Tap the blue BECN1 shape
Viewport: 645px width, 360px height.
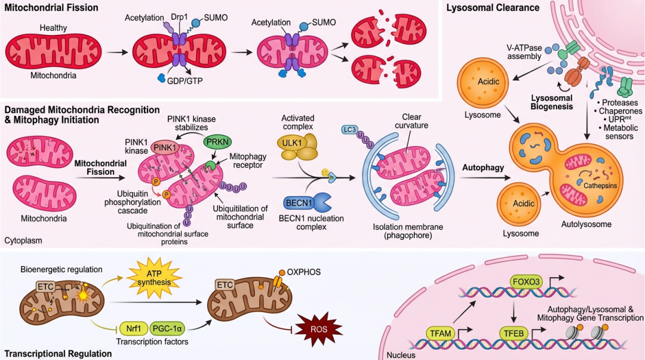click(302, 203)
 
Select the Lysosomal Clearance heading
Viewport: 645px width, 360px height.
click(493, 8)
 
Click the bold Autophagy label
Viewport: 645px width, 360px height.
click(482, 168)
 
